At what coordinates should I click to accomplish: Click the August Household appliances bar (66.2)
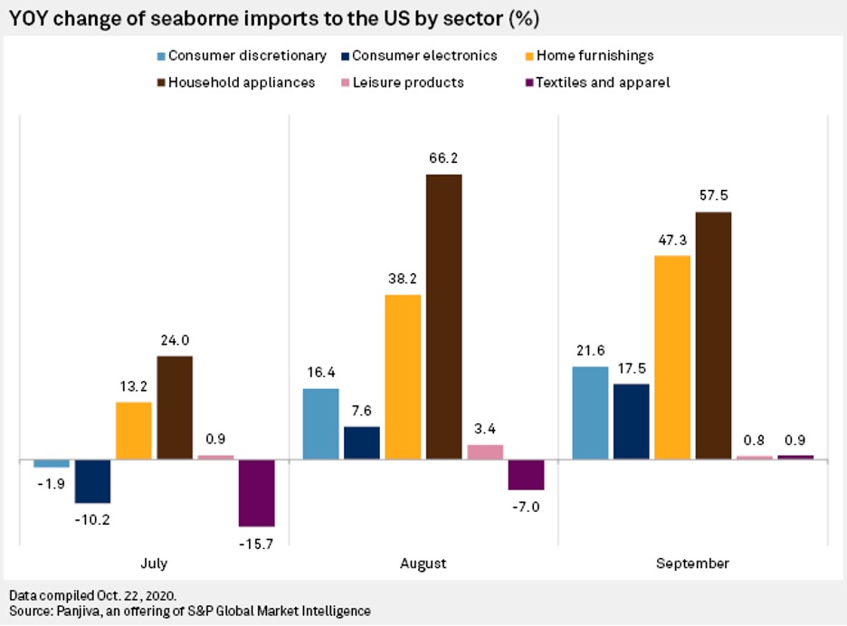click(x=443, y=317)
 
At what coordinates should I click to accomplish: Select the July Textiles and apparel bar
click(x=256, y=493)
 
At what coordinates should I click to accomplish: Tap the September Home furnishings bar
click(x=671, y=357)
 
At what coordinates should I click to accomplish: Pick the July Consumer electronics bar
click(x=92, y=481)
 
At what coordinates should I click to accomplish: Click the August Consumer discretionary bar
click(x=319, y=424)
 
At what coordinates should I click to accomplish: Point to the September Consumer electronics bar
click(x=631, y=422)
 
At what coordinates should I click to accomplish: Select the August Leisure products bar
click(x=485, y=452)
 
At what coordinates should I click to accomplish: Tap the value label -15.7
click(x=257, y=543)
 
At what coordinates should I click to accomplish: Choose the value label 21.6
click(x=589, y=351)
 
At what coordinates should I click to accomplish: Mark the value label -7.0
click(x=526, y=507)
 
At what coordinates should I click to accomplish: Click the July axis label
click(x=154, y=563)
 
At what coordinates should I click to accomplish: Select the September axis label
click(x=692, y=563)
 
